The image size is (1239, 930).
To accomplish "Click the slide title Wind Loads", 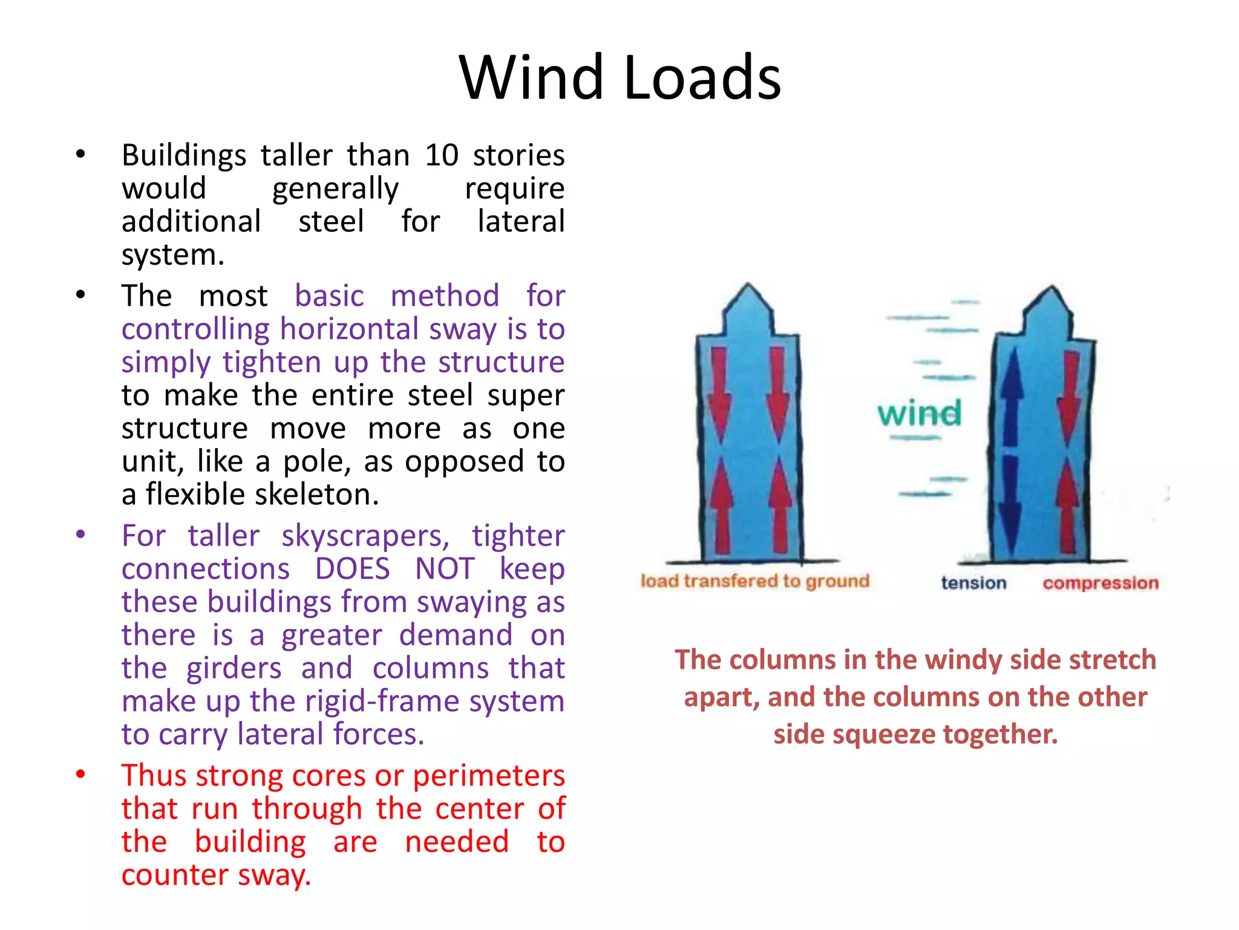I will pyautogui.click(x=619, y=77).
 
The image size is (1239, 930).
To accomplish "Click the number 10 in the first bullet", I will pyautogui.click(x=442, y=155).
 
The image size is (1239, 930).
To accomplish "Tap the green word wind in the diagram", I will pyautogui.click(x=919, y=413).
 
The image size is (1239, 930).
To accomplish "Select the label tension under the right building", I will pyautogui.click(x=973, y=582).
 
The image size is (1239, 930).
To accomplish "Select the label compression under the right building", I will pyautogui.click(x=1100, y=582).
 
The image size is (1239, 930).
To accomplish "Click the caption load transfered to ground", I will pyautogui.click(x=754, y=581).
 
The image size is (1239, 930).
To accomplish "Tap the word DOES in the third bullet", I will pyautogui.click(x=353, y=569).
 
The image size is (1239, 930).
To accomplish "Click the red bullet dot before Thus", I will pyautogui.click(x=80, y=774).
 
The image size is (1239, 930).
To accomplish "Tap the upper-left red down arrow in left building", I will pyautogui.click(x=720, y=394).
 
